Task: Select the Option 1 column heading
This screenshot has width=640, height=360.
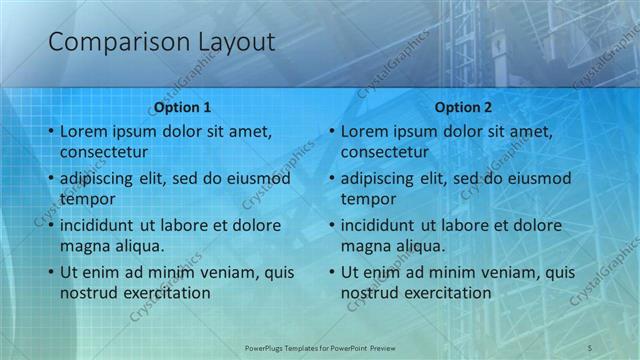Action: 182,107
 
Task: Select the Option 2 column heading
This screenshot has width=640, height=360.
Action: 463,107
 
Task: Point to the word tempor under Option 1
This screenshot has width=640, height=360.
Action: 87,199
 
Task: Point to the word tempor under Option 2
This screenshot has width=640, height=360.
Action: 368,199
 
